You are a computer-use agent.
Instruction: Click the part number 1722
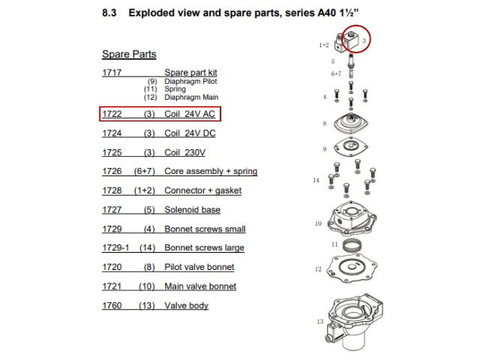[112, 114]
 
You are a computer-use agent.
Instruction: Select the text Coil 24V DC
[190, 133]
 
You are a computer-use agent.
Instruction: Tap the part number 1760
[112, 305]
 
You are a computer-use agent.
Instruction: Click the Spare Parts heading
[129, 54]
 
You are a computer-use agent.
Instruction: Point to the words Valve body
[187, 305]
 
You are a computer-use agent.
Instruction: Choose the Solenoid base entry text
[192, 210]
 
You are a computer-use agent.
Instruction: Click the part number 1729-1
[115, 247]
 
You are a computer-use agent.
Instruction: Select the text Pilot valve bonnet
[199, 267]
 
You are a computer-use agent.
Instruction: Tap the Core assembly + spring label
[211, 172]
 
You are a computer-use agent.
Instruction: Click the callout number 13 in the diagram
[320, 322]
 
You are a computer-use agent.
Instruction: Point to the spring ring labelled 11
[352, 245]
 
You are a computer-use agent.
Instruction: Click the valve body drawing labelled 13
[355, 322]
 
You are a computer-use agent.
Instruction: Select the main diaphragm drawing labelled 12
[352, 268]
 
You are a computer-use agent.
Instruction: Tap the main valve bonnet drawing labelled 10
[352, 218]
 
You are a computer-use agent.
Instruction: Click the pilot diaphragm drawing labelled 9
[351, 147]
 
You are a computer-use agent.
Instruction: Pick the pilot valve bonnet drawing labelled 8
[351, 123]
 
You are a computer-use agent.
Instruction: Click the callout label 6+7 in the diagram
[336, 74]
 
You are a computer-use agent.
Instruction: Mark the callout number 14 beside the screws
[316, 180]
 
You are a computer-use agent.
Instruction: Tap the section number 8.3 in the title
[109, 13]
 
